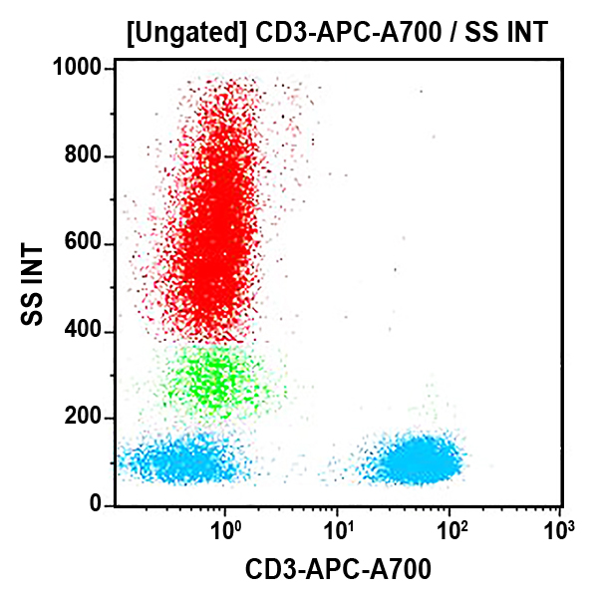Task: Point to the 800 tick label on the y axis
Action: tap(86, 156)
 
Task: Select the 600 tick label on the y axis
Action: tap(86, 244)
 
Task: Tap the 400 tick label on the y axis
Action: tap(86, 332)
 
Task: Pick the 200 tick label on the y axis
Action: tap(86, 419)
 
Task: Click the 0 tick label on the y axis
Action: tap(98, 505)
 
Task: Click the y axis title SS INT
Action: tap(34, 284)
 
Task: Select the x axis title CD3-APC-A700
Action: tap(338, 569)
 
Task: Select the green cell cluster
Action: tap(214, 379)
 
